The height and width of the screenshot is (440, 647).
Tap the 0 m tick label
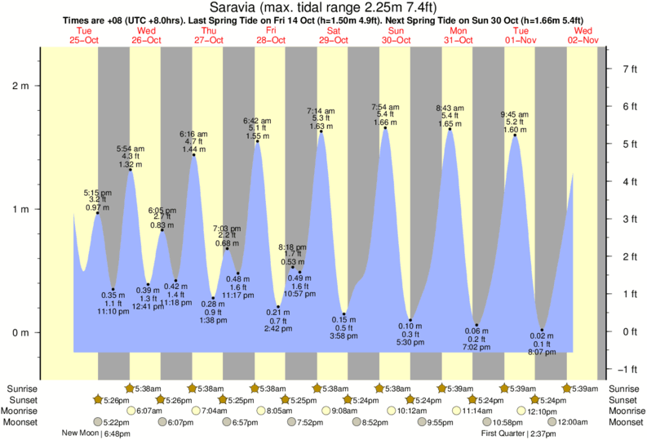click(x=23, y=332)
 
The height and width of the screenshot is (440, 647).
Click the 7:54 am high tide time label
click(x=385, y=107)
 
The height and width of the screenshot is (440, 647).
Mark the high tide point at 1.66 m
click(x=385, y=128)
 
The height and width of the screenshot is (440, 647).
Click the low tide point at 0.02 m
click(x=541, y=331)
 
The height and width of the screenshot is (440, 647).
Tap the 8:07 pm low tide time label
click(x=542, y=353)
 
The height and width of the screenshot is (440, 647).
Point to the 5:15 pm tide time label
click(x=97, y=193)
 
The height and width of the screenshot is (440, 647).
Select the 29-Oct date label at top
click(x=333, y=40)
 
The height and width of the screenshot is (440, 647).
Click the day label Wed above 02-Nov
click(x=584, y=30)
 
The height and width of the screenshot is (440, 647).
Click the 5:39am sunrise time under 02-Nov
click(x=587, y=389)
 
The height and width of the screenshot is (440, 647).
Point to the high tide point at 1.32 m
click(x=130, y=170)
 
